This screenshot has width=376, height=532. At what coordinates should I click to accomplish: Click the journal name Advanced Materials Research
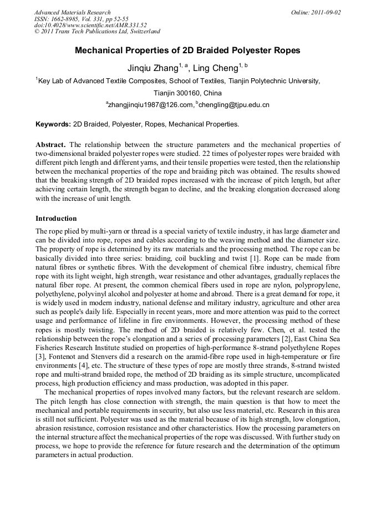click(72, 12)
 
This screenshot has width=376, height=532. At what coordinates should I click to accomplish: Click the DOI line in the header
click(90, 25)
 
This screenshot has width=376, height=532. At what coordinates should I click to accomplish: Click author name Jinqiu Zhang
click(153, 69)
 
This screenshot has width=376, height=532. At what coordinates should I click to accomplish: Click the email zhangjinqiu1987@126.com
click(150, 104)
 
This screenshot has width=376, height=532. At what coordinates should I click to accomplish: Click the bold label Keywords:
click(53, 124)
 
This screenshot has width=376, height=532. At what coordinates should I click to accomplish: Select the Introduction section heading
click(56, 219)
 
